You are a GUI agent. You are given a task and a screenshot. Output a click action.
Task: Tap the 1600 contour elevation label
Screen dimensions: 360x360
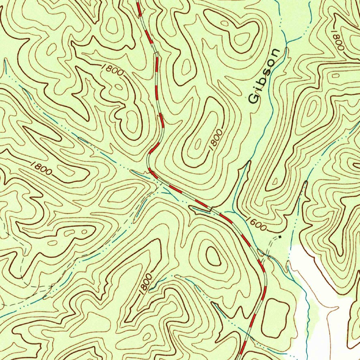pos(256,224)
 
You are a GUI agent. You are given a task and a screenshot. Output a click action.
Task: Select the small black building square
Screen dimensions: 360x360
pos(279,237)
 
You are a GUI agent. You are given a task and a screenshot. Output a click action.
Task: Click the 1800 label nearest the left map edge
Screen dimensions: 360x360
pos(41,168)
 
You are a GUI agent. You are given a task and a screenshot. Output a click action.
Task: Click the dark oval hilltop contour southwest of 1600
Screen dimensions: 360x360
pos(213,256)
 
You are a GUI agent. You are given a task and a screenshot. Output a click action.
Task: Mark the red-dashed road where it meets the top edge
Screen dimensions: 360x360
pos(138,2)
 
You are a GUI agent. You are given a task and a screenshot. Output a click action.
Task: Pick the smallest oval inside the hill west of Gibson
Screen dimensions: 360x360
pos(198,143)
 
